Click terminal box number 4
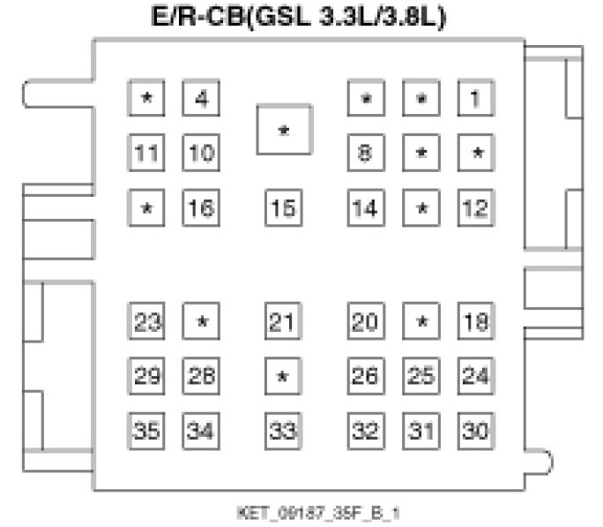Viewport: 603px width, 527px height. pos(202,98)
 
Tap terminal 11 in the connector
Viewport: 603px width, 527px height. pos(146,153)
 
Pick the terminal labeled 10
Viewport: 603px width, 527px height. pos(202,153)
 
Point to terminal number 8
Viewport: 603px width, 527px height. pos(365,153)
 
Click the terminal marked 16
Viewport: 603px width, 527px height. pos(202,208)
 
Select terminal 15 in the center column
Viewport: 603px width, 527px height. pos(283,208)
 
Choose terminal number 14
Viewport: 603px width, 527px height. pos(365,208)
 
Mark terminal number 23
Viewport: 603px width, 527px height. pos(146,321)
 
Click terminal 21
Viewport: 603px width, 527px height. pos(283,321)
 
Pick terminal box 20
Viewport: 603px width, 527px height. pos(365,321)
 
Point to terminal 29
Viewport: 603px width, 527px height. pos(146,376)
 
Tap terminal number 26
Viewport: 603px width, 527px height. pos(365,376)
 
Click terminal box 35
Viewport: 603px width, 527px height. pos(146,432)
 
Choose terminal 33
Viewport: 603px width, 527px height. pos(283,432)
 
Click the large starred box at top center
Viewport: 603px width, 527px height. pos(283,130)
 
